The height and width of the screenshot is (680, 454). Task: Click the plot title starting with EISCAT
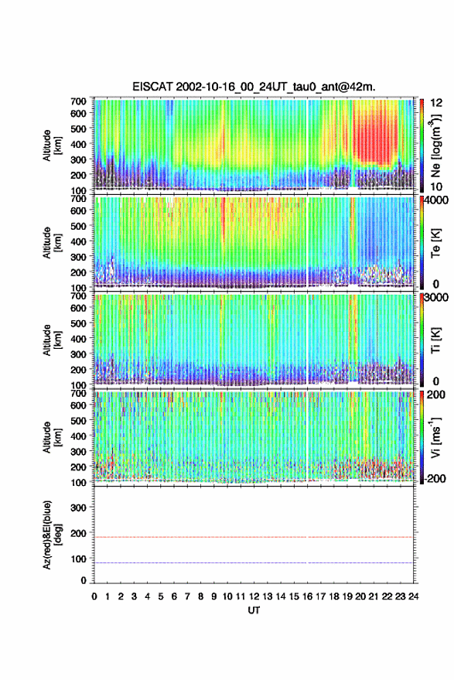pyautogui.click(x=254, y=87)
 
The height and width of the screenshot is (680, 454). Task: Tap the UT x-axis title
pyautogui.click(x=254, y=610)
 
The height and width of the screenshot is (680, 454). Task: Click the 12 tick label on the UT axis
pyautogui.click(x=254, y=596)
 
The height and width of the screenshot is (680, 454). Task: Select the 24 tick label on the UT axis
pyautogui.click(x=413, y=596)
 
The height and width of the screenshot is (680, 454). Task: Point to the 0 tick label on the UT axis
pyautogui.click(x=94, y=596)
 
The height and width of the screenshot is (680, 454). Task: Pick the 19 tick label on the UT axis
pyautogui.click(x=347, y=596)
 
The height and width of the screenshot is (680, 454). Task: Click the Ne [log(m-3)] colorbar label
pyautogui.click(x=435, y=145)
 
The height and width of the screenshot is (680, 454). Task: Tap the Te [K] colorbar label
pyautogui.click(x=435, y=243)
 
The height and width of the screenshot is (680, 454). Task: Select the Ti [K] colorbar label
pyautogui.click(x=435, y=340)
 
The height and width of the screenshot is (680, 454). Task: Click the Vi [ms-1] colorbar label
pyautogui.click(x=435, y=437)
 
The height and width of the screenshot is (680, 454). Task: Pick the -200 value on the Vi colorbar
pyautogui.click(x=435, y=478)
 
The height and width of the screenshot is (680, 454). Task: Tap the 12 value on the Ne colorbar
pyautogui.click(x=436, y=103)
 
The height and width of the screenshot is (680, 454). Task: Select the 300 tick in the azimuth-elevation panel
pyautogui.click(x=78, y=507)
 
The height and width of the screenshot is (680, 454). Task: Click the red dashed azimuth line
pyautogui.click(x=254, y=538)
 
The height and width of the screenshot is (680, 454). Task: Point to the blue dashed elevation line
pyautogui.click(x=254, y=563)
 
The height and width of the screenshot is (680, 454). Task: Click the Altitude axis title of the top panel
pyautogui.click(x=52, y=145)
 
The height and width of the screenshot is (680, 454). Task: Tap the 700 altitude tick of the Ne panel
pyautogui.click(x=78, y=101)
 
